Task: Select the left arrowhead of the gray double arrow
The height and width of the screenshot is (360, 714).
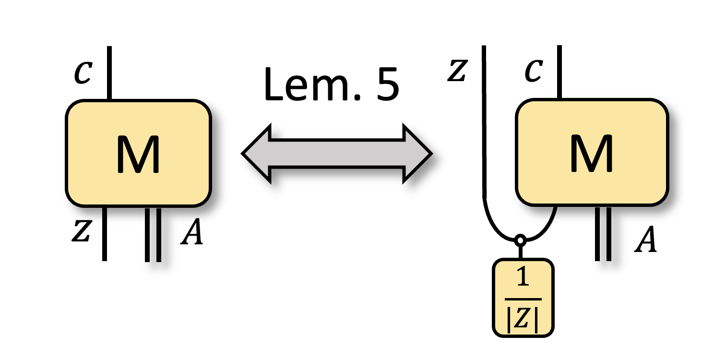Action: pos(257,154)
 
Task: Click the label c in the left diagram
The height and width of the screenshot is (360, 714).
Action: pos(83,73)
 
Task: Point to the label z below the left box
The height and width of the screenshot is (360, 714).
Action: pos(82,232)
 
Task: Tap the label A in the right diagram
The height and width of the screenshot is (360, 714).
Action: pos(645,241)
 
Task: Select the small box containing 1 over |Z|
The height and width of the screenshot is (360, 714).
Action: pos(523,298)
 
